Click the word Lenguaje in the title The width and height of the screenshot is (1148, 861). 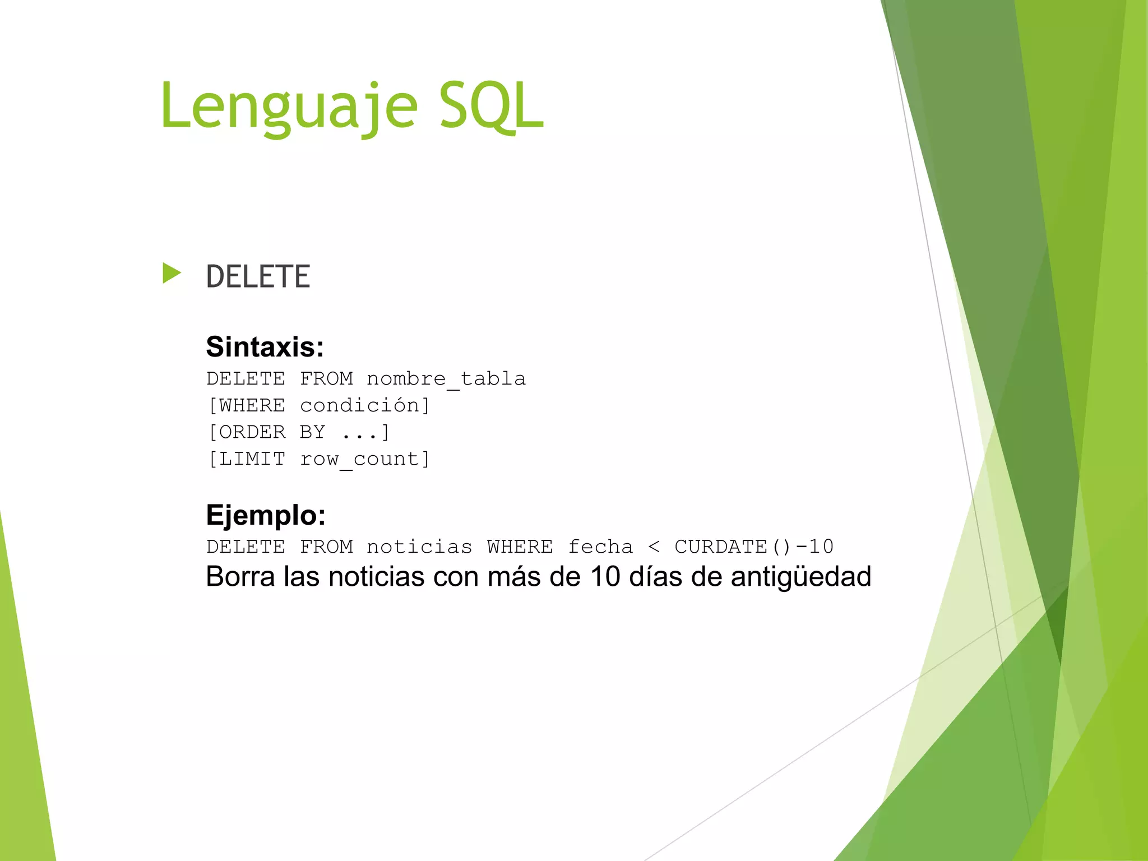click(289, 107)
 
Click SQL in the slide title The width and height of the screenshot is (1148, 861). click(491, 107)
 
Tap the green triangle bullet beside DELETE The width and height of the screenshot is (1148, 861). click(172, 274)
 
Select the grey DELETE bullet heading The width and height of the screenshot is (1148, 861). click(258, 276)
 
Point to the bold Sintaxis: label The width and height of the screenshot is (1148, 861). click(265, 346)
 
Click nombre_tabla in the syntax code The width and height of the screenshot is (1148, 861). click(446, 379)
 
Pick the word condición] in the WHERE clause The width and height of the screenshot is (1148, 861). click(365, 405)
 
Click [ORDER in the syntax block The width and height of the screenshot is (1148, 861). click(247, 432)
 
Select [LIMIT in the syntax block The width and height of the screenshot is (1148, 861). click(247, 459)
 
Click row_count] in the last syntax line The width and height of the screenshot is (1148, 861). click(365, 459)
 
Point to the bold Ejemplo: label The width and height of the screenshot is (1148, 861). click(266, 515)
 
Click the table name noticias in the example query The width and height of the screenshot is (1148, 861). click(419, 547)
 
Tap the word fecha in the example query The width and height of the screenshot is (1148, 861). click(600, 547)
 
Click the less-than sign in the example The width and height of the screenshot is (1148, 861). click(654, 547)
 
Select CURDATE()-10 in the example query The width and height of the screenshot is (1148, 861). click(754, 547)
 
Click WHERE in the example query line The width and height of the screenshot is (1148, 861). click(520, 547)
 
